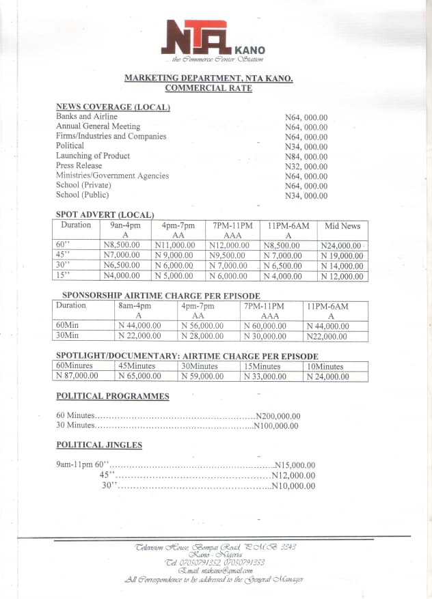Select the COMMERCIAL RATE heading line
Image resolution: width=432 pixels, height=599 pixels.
tap(208, 88)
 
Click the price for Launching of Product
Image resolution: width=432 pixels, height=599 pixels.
tap(306, 156)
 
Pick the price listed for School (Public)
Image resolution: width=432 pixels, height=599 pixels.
tap(306, 196)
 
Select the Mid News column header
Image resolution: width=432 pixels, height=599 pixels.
tap(342, 225)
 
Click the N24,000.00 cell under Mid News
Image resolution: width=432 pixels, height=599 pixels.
tap(340, 246)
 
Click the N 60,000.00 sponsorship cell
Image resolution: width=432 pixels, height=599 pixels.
tap(270, 326)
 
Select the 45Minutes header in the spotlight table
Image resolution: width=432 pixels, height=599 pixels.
tap(137, 366)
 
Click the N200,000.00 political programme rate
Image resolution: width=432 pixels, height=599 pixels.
tap(278, 416)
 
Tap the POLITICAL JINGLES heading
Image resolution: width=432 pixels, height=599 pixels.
tap(99, 445)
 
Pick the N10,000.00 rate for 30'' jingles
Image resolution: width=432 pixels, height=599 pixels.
tap(293, 486)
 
